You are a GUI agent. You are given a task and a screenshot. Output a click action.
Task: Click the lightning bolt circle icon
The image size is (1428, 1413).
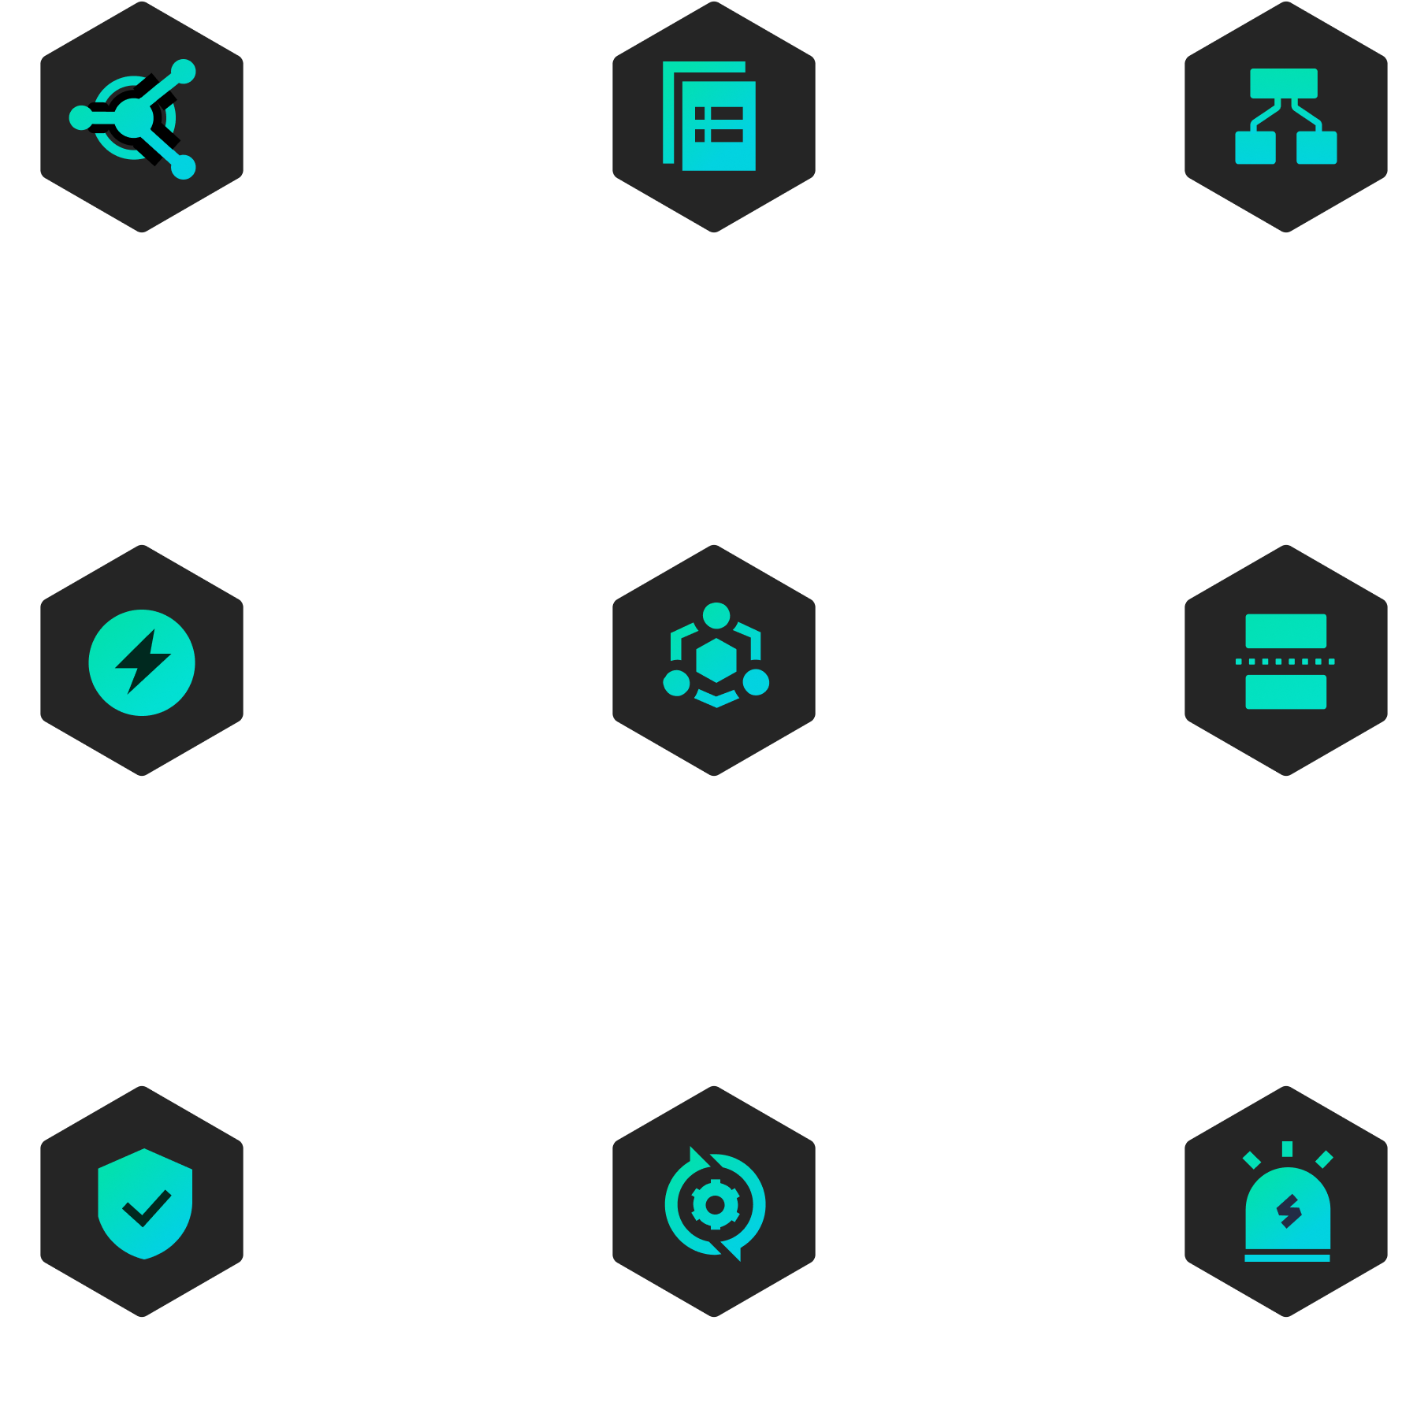[142, 662]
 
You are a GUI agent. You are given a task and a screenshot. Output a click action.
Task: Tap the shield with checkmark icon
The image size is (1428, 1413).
[145, 1203]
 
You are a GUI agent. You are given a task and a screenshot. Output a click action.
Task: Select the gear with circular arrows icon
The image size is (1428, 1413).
[715, 1203]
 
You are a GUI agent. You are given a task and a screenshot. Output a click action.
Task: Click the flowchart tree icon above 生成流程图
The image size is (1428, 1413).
[1285, 117]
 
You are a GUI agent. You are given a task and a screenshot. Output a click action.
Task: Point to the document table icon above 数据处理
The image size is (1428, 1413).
[710, 117]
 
